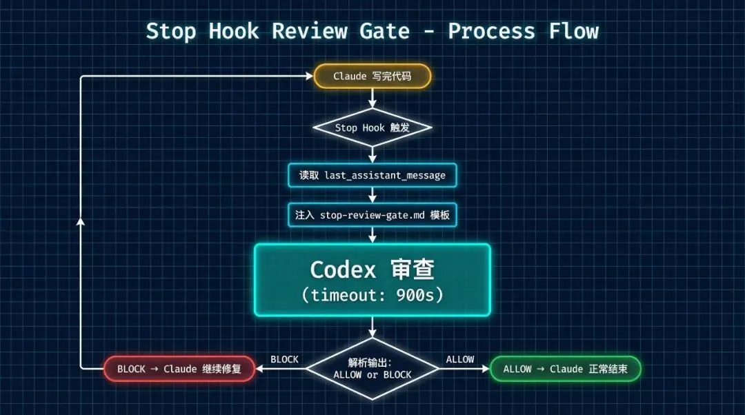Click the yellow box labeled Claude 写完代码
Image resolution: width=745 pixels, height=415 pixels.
pos(372,76)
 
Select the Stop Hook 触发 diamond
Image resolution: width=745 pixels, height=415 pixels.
pos(372,128)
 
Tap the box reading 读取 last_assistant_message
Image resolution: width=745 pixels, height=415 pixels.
pos(372,175)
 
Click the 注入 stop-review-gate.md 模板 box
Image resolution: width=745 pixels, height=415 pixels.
pos(372,215)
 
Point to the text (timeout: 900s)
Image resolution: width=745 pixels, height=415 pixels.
pos(372,295)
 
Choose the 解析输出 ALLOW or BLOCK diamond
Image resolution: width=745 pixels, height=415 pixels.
pos(372,369)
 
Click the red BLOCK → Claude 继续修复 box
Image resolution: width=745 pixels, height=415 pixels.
pos(179,369)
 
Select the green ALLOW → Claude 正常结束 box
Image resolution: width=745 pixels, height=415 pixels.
pos(566,369)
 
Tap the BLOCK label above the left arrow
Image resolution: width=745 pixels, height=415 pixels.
pos(284,359)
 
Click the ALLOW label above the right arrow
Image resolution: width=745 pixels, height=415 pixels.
pos(460,359)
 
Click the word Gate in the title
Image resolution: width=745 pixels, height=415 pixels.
pos(384,31)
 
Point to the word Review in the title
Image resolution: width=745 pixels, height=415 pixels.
pos(304,31)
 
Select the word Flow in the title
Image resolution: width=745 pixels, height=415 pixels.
pos(574,31)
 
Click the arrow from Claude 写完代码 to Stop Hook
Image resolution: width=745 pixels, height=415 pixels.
pos(372,98)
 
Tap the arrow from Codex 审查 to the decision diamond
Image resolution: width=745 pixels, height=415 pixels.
pos(372,327)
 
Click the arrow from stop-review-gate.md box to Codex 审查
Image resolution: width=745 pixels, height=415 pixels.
pos(372,234)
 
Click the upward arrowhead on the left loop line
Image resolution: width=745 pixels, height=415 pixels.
pos(81,222)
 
